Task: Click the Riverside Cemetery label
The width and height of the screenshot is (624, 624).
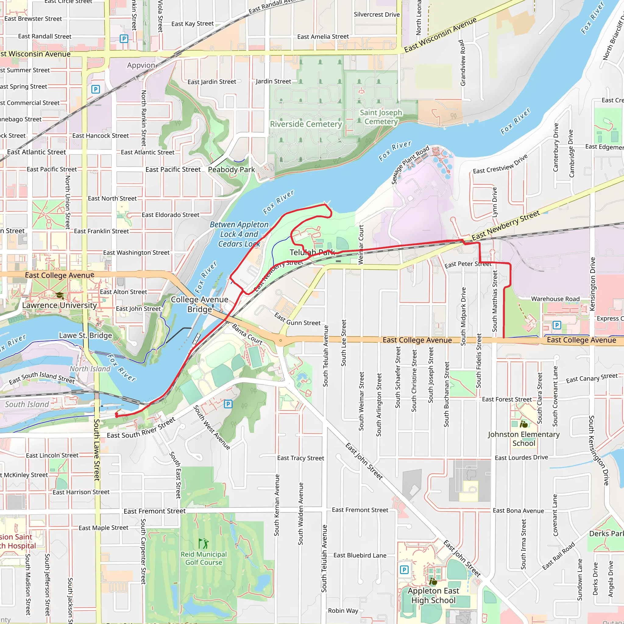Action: point(306,124)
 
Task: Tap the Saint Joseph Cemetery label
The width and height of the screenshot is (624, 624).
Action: point(381,117)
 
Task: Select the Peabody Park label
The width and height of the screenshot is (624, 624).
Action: point(231,170)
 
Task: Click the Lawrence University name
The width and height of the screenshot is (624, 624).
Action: point(59,305)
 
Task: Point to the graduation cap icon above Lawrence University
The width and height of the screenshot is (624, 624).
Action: point(59,295)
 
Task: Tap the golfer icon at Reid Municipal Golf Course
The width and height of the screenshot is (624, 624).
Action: point(204,544)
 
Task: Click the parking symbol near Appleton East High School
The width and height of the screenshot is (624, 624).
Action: point(404,570)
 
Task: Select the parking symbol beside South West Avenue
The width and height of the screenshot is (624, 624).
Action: point(228,404)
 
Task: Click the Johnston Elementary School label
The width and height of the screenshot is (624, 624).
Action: point(523,439)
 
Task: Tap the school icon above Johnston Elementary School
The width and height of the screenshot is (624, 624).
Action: point(523,424)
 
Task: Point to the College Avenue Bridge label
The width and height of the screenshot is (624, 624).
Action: point(200,304)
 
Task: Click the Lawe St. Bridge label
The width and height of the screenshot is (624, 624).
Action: point(85,335)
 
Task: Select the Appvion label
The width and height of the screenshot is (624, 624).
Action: point(141,65)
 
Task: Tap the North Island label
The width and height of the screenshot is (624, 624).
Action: point(90,369)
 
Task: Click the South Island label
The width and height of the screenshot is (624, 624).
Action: point(27,404)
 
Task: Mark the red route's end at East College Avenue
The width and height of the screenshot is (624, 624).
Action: point(504,338)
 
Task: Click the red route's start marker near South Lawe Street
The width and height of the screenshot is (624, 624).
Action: point(117,415)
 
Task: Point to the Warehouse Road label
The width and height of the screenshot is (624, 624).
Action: point(555,299)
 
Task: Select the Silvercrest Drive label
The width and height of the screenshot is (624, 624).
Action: point(377,15)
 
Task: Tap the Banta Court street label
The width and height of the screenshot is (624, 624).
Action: point(247,334)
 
